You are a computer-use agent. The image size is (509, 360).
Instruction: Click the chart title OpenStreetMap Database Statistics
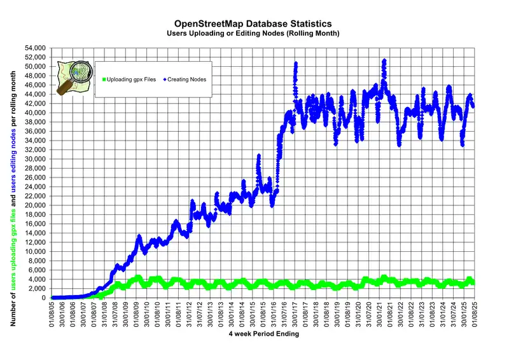click(x=254, y=23)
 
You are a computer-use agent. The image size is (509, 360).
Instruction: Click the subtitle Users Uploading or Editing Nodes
click(x=254, y=32)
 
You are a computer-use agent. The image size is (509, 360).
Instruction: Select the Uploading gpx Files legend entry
click(x=127, y=79)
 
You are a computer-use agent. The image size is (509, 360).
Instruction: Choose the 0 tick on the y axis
click(x=43, y=298)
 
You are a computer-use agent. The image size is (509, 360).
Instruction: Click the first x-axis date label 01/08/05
click(x=52, y=313)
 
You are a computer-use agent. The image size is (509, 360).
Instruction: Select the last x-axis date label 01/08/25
click(x=474, y=313)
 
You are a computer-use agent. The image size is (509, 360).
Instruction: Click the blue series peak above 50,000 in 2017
click(x=296, y=64)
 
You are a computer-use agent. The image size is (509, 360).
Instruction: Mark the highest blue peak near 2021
click(x=384, y=61)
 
